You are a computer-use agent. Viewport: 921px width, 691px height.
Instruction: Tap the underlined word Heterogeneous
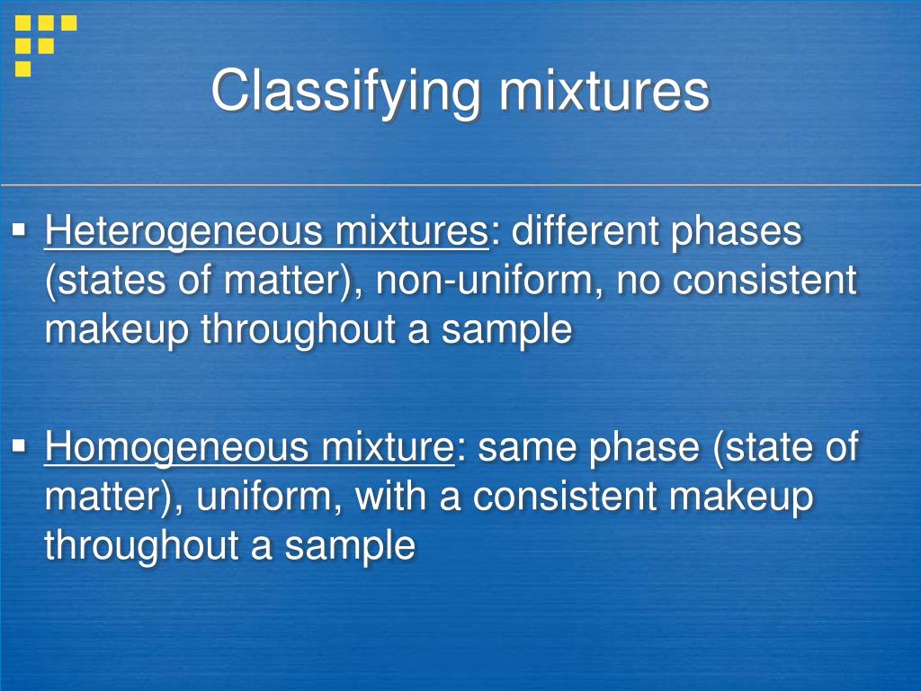(184, 232)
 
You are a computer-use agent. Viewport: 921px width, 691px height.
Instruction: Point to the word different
(584, 232)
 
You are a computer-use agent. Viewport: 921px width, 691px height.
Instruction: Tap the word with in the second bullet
(391, 497)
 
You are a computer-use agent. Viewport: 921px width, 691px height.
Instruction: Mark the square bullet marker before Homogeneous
(19, 445)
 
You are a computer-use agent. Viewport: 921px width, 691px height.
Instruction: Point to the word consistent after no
(765, 282)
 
